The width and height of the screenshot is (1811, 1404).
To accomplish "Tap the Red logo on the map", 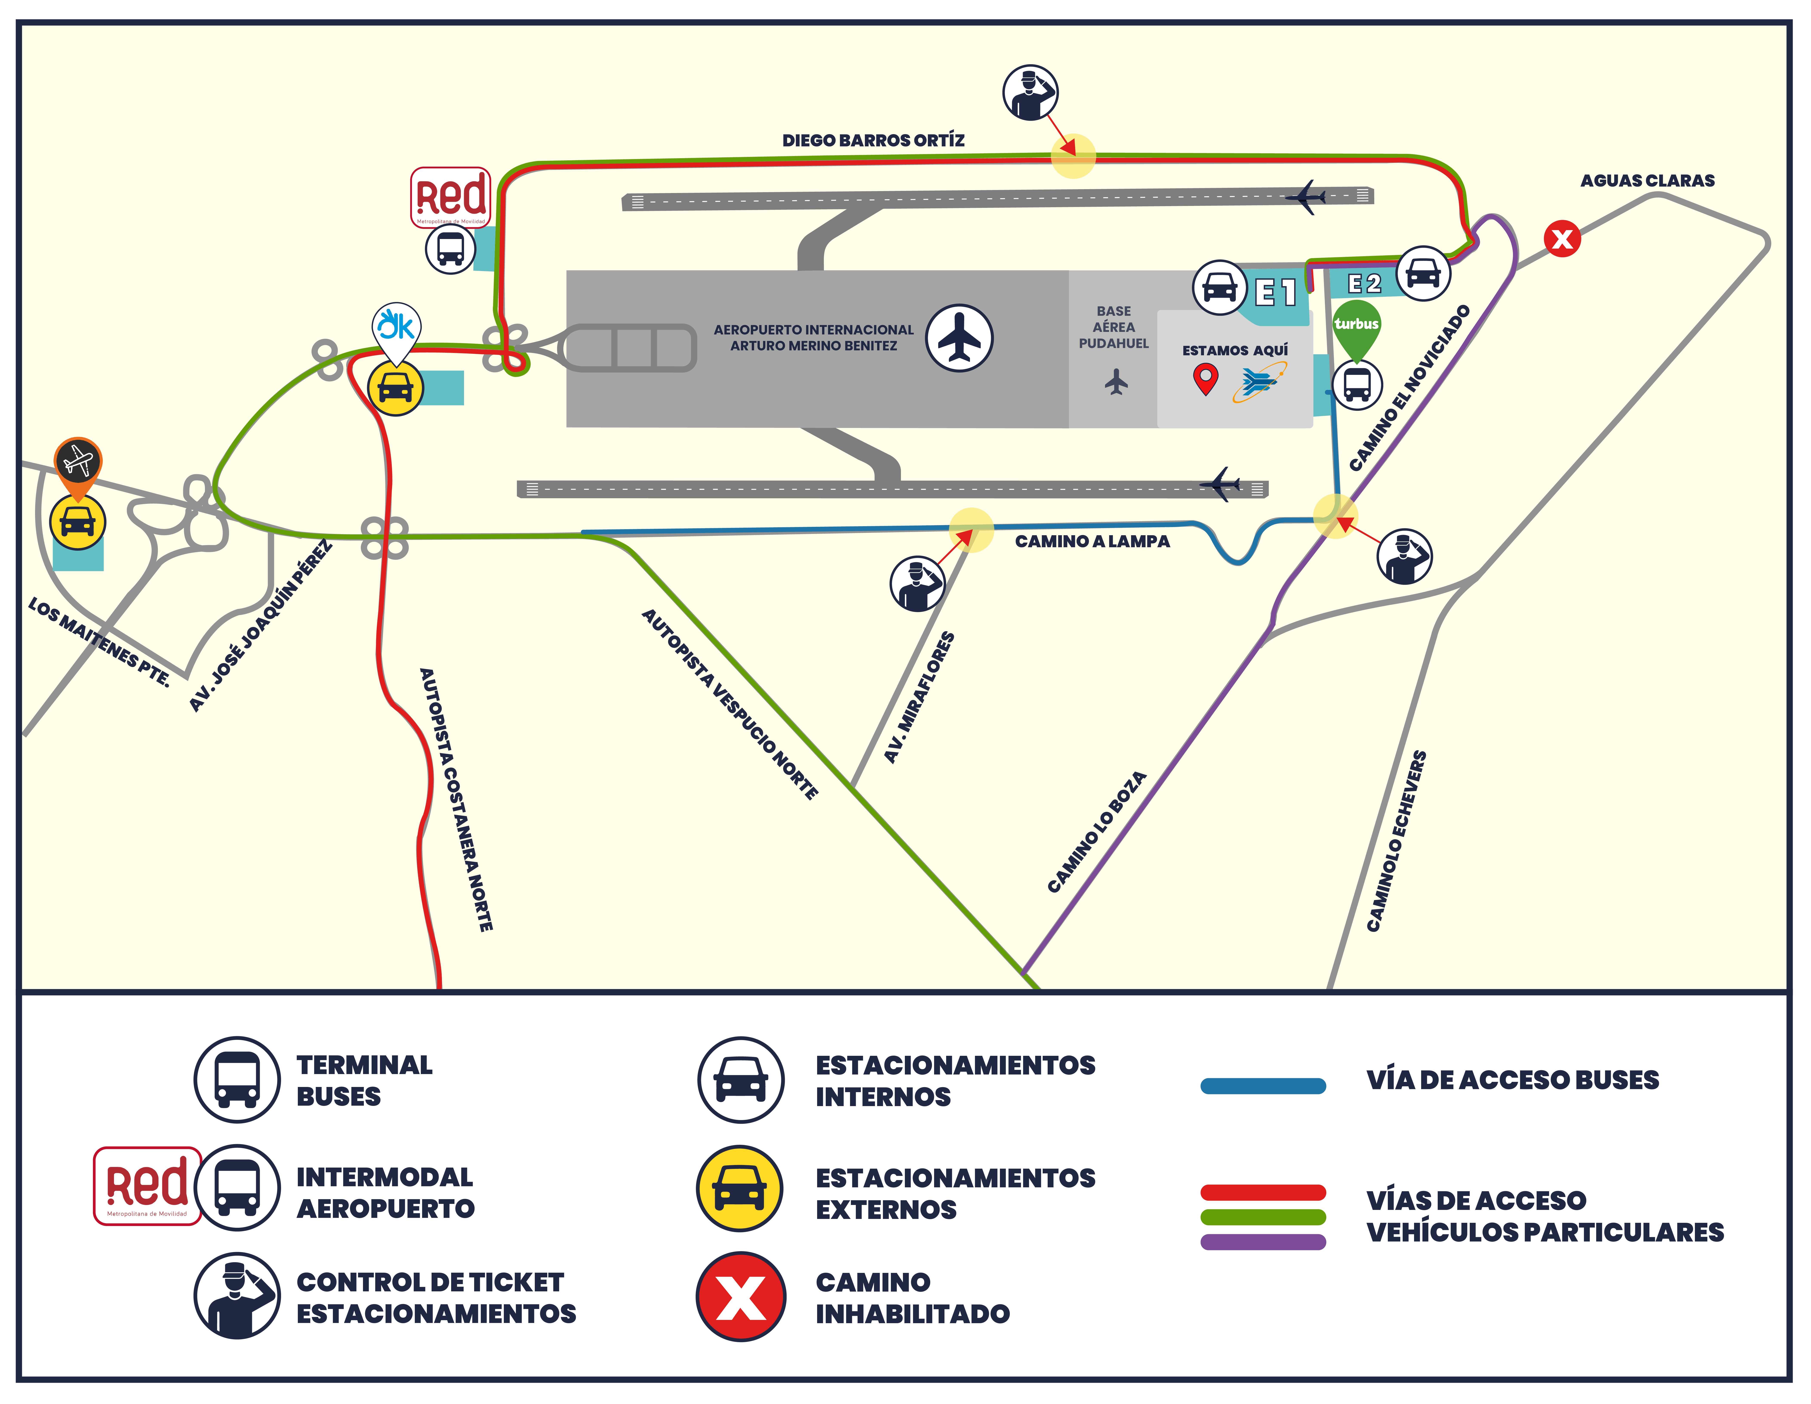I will pos(450,197).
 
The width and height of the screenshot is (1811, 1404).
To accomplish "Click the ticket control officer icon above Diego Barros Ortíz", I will pos(1030,93).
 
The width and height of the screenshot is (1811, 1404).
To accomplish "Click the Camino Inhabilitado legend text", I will pos(912,1298).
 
